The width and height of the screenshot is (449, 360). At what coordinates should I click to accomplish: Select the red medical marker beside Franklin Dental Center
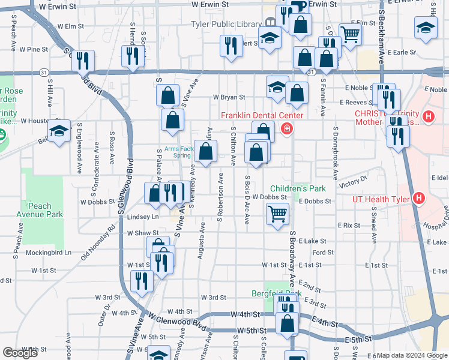(x=287, y=128)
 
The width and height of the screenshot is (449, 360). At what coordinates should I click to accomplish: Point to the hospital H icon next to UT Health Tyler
(x=420, y=199)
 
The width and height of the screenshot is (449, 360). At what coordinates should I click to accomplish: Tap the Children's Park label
(x=298, y=188)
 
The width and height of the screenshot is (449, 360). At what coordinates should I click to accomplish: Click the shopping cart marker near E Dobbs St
(x=277, y=214)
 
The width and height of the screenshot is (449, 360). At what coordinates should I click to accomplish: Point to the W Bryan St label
(x=229, y=97)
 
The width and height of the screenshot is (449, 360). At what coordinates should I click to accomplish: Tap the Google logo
(x=20, y=353)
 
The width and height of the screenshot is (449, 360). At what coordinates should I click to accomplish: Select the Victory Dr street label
(x=352, y=182)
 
